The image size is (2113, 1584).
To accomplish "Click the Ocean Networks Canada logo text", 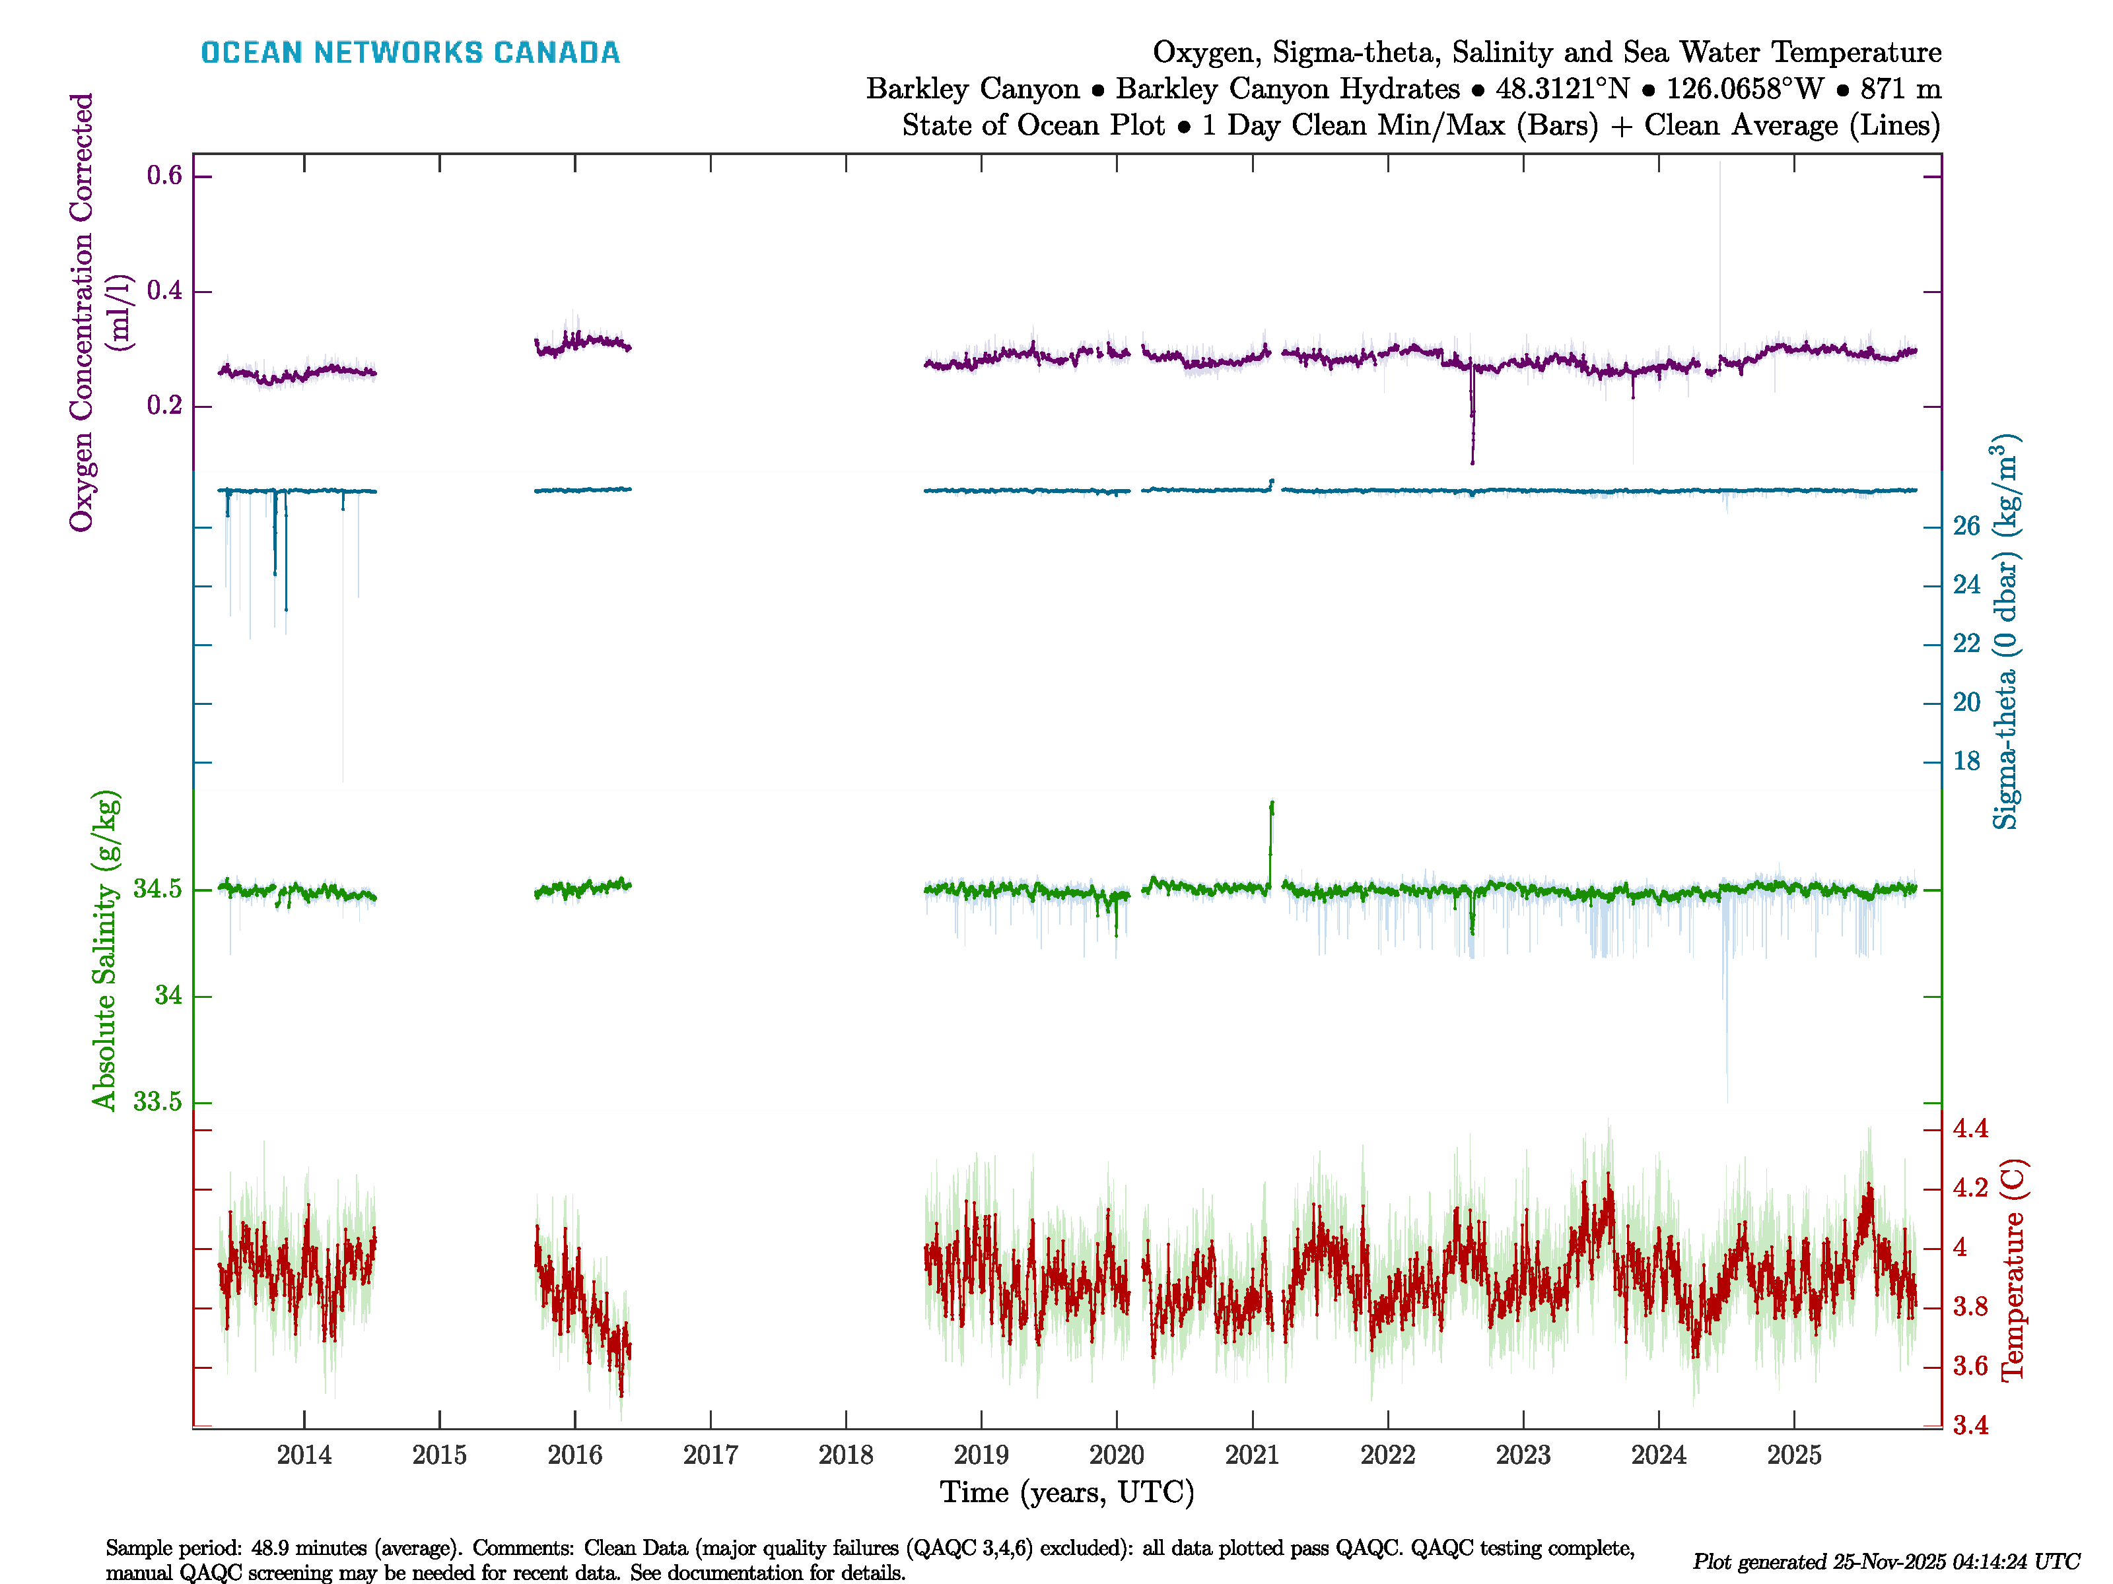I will pos(410,53).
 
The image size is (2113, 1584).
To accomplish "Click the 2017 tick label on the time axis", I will pos(710,1455).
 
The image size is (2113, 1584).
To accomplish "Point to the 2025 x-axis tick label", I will pos(1794,1455).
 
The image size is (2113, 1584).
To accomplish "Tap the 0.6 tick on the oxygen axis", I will pos(164,176).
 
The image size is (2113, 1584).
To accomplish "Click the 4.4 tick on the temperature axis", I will pos(1970,1129).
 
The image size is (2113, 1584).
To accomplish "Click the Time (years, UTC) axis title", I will pos(1067,1492).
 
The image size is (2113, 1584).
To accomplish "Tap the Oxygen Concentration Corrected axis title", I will pos(82,312).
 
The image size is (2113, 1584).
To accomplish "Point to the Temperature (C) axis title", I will pos(2013,1270).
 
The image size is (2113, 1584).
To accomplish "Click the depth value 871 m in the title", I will pos(1901,89).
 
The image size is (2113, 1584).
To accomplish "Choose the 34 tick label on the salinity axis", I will pos(168,996).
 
